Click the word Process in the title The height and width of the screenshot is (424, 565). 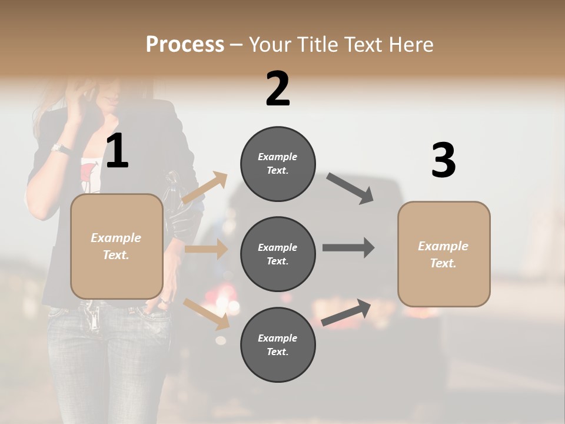(x=185, y=45)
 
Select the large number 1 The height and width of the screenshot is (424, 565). (x=117, y=151)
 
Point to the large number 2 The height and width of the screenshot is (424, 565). (x=278, y=89)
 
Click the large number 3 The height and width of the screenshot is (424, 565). (x=443, y=160)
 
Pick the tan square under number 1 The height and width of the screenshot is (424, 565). (x=117, y=246)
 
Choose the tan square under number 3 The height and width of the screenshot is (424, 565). (x=444, y=254)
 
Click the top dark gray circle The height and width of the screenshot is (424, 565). (x=278, y=164)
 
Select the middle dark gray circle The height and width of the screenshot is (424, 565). (x=278, y=254)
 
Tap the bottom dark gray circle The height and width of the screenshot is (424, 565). (x=278, y=344)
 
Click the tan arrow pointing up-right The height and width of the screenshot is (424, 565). (x=205, y=188)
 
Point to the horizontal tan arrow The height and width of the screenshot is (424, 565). (x=206, y=249)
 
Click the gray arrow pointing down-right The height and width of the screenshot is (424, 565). (x=350, y=188)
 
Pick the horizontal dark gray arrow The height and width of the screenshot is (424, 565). (x=348, y=247)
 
